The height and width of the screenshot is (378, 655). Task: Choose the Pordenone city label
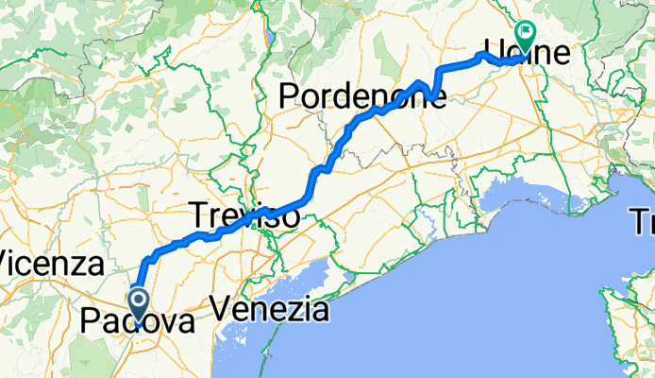coord(361,94)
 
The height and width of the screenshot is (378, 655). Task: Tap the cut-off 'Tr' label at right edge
coord(644,223)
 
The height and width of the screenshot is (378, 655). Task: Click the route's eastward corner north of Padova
coord(147,258)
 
